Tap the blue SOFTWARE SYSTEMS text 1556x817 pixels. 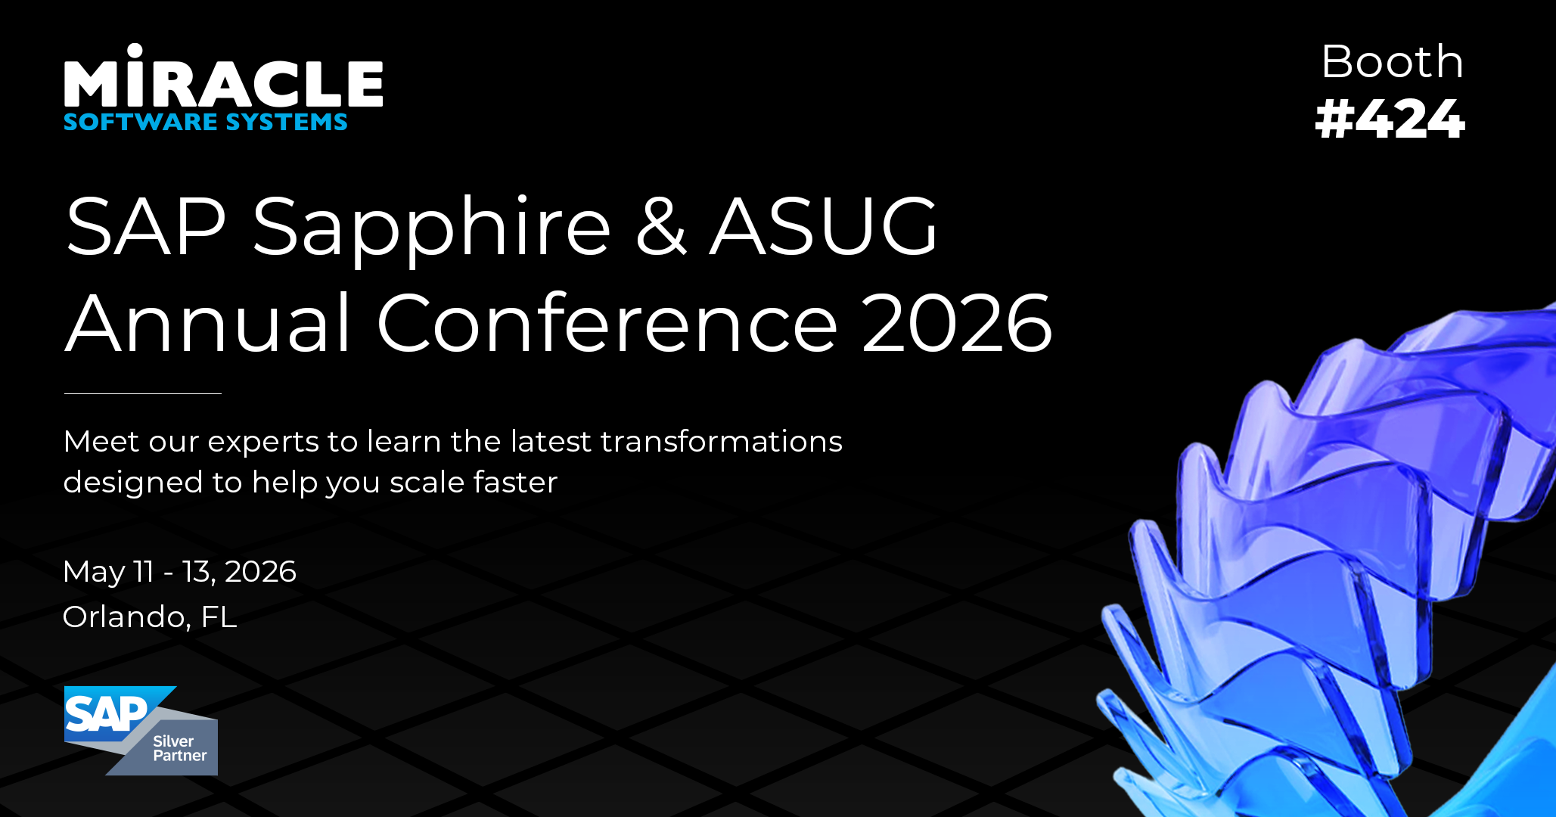click(x=206, y=122)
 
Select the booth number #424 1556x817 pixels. click(x=1390, y=119)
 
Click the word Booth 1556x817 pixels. click(x=1392, y=61)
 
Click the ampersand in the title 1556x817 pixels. click(x=660, y=226)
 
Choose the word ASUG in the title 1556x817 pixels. click(x=824, y=226)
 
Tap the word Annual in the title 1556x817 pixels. click(x=208, y=323)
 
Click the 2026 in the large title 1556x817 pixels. click(x=957, y=323)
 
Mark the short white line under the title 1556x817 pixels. click(x=143, y=393)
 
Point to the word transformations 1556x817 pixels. click(x=721, y=441)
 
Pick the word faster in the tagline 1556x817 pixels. click(x=515, y=482)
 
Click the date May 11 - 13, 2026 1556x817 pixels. click(x=179, y=572)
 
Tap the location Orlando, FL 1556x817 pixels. click(x=150, y=617)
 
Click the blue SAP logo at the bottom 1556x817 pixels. click(x=110, y=713)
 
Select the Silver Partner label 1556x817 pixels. click(x=180, y=748)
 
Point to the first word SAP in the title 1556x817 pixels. click(x=146, y=226)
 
